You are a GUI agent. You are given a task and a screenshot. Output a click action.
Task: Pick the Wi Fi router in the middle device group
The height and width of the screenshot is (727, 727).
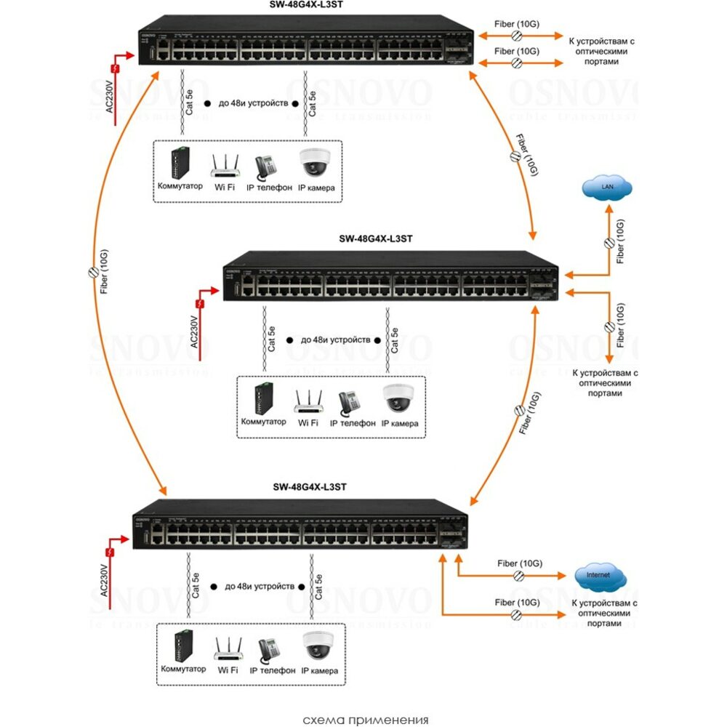pyautogui.click(x=308, y=401)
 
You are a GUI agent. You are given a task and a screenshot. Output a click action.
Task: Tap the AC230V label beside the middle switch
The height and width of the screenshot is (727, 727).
pyautogui.click(x=194, y=332)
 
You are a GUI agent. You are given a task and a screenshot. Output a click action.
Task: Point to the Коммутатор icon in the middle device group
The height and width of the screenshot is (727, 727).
pyautogui.click(x=262, y=397)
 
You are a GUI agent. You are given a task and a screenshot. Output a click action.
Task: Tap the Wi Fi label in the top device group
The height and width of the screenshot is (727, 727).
pyautogui.click(x=225, y=188)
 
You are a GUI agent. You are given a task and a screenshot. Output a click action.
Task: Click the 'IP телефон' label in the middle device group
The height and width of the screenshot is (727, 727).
pyautogui.click(x=353, y=422)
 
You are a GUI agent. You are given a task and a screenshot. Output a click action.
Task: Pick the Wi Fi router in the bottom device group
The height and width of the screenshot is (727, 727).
pyautogui.click(x=227, y=648)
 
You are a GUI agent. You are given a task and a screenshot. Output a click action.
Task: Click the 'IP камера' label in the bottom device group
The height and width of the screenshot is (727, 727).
pyautogui.click(x=320, y=670)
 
